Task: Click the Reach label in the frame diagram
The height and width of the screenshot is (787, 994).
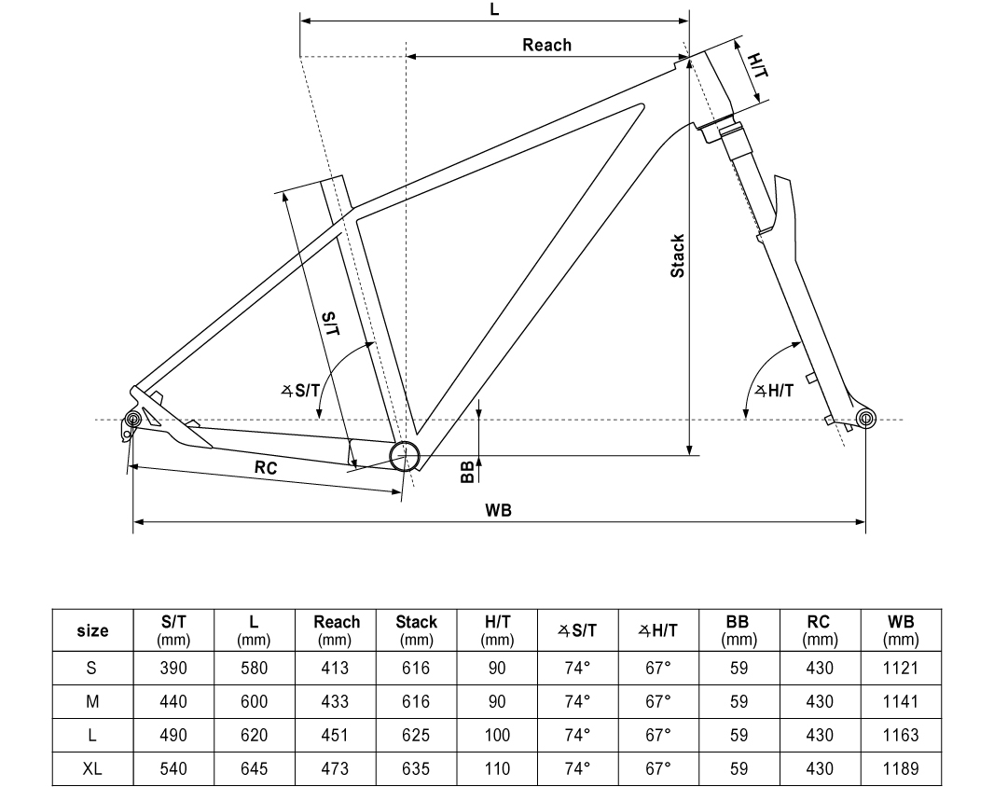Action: (546, 45)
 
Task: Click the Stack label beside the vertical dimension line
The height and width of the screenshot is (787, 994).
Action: (678, 255)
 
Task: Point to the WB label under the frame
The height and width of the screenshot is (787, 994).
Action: (498, 510)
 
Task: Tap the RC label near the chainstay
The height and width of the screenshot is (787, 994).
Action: (266, 468)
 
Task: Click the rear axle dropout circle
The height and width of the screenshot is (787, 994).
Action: (132, 420)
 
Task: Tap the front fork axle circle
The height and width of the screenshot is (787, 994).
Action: (864, 417)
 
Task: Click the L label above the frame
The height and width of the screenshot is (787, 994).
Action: (494, 9)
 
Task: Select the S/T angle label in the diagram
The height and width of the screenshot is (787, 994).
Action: (300, 391)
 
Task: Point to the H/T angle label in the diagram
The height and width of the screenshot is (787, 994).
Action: (774, 391)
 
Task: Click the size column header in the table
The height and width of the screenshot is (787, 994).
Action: (92, 631)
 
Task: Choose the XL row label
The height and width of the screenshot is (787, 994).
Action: (92, 768)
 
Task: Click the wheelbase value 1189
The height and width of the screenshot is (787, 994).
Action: (900, 768)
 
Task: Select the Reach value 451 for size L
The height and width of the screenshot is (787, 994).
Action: (335, 735)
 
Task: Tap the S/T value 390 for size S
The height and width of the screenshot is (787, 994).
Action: (173, 668)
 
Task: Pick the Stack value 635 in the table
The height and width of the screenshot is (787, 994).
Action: (416, 768)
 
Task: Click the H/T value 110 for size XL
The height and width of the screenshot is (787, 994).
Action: (497, 768)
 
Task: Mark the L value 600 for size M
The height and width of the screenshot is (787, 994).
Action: (254, 701)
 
